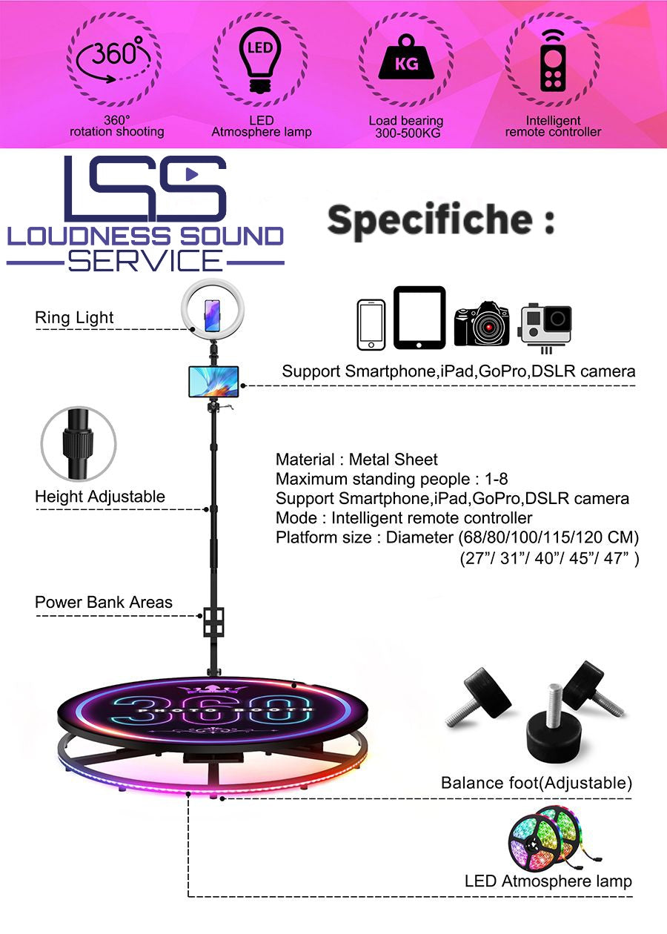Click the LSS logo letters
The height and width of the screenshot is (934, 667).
point(145,188)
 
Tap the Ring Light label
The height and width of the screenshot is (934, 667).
point(74,318)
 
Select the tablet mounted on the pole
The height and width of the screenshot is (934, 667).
point(213,381)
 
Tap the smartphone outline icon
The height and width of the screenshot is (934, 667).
point(371,325)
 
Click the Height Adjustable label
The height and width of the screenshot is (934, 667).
point(100,497)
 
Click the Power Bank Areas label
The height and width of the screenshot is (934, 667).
point(104,602)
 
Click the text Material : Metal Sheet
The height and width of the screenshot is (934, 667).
point(356,460)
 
